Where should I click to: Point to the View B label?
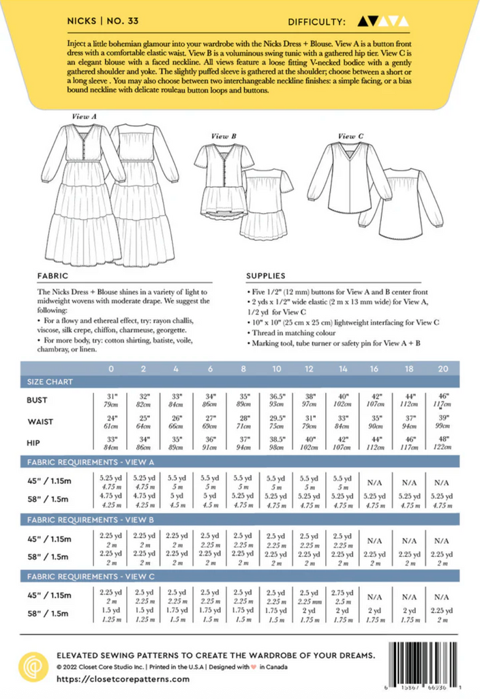(223, 137)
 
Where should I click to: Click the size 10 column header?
(276, 369)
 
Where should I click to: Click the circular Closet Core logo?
(31, 664)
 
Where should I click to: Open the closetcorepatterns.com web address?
(122, 679)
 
